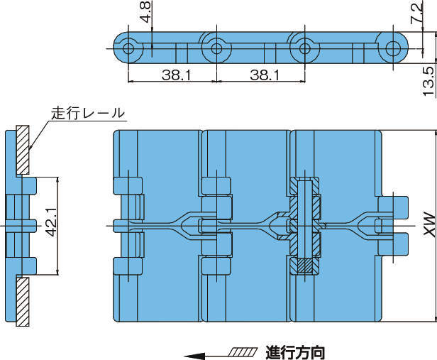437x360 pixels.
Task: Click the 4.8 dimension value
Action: click(145, 13)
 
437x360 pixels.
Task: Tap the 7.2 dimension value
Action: click(424, 13)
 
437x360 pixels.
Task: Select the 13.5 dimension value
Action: click(428, 80)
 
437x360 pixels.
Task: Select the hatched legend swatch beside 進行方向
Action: click(243, 351)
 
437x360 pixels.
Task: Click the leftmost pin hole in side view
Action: click(128, 49)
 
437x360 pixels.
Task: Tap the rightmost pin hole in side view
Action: click(392, 49)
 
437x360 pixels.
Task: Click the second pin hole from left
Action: click(216, 49)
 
